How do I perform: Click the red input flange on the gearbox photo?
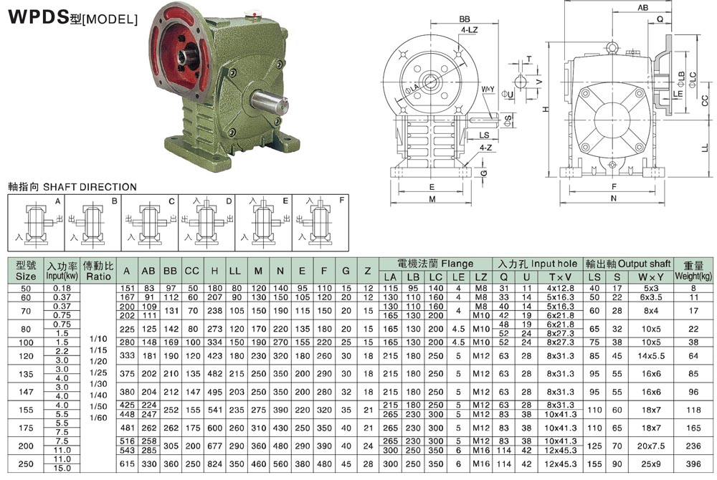[x=181, y=54]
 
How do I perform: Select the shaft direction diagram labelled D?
[x=206, y=222]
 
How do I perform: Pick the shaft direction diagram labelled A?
[x=36, y=222]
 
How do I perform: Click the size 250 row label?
[x=26, y=464]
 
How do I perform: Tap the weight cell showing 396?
[x=693, y=464]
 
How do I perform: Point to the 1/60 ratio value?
[x=98, y=418]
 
